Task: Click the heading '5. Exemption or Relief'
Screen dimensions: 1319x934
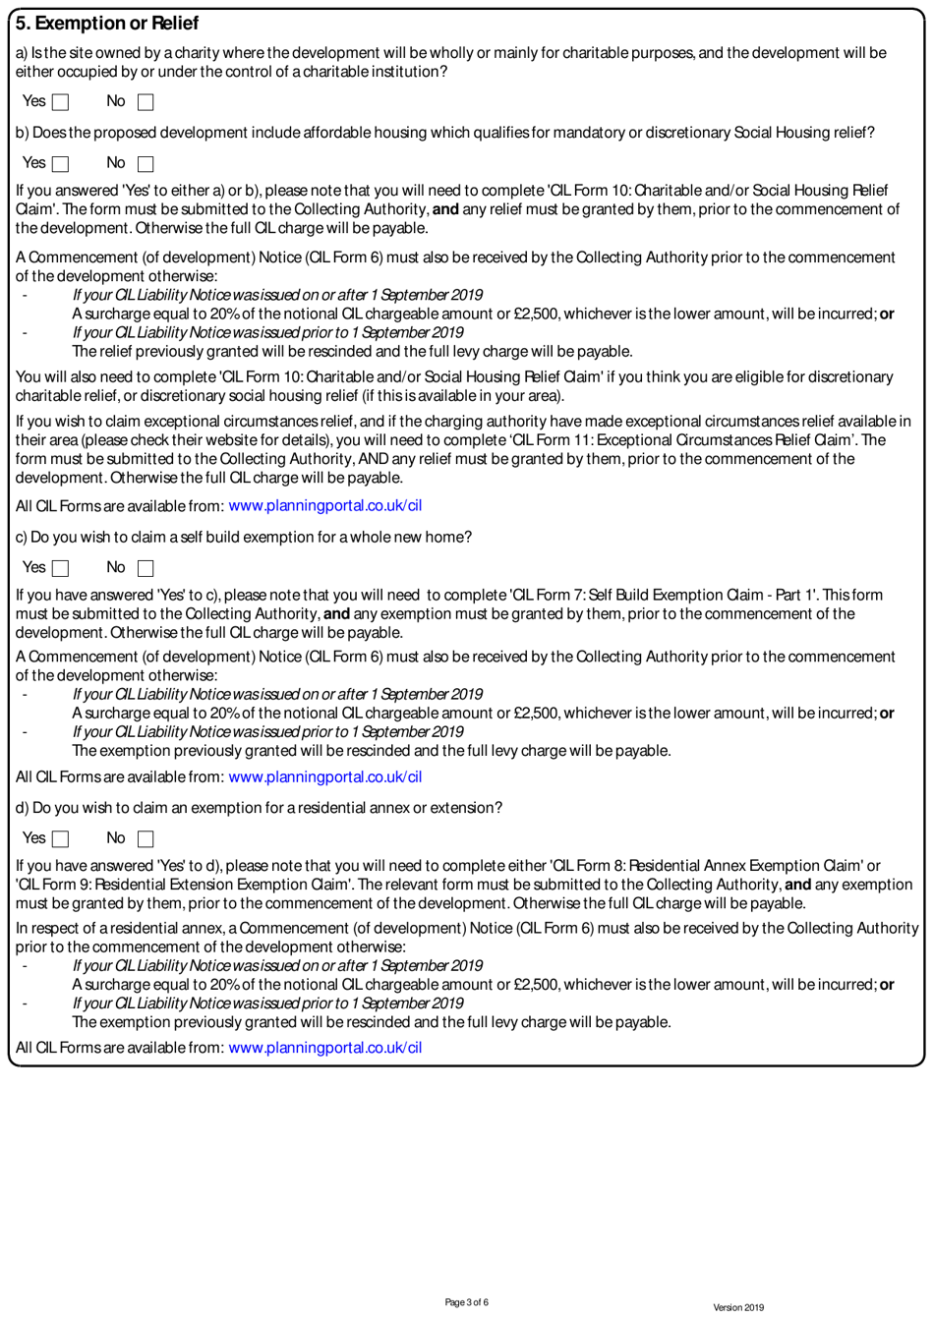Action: pos(107,23)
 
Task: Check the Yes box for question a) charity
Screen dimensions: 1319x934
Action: pos(61,102)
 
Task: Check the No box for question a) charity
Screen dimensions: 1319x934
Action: pos(146,102)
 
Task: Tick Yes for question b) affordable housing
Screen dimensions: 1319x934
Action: pos(61,164)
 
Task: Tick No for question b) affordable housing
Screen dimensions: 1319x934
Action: pos(146,164)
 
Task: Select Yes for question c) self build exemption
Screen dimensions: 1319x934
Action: pos(61,568)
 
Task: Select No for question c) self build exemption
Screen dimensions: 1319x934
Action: pos(146,568)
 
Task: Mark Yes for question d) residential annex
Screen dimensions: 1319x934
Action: pos(61,839)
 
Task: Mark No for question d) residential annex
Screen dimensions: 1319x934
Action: pos(146,839)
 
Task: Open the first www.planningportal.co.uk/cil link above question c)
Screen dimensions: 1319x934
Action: pos(324,506)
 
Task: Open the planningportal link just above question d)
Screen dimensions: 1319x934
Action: pos(324,777)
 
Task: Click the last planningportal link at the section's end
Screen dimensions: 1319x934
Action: pos(324,1048)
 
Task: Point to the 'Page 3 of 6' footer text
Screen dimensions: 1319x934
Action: pos(466,1302)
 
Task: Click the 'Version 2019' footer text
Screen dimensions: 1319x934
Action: pos(737,1307)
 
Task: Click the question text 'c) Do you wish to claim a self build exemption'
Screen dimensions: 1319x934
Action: pos(244,538)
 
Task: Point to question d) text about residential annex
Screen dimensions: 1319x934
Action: pos(259,808)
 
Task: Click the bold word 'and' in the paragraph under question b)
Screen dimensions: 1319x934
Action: pos(445,209)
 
